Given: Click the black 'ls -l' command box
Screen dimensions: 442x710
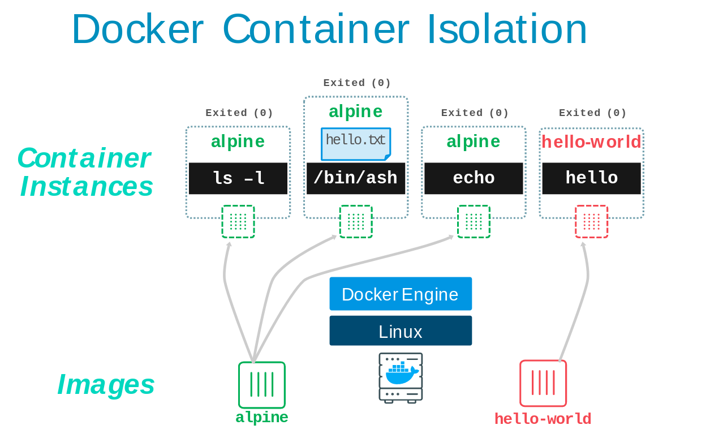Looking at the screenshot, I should click(x=238, y=178).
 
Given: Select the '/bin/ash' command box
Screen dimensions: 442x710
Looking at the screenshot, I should click(x=356, y=178).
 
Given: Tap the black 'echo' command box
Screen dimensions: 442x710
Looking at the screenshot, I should click(x=474, y=178).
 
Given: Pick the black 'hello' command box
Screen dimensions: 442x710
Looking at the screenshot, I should click(x=591, y=178).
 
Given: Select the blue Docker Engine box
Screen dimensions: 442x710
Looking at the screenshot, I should click(x=401, y=294).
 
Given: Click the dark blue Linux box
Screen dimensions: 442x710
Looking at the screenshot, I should click(x=401, y=331).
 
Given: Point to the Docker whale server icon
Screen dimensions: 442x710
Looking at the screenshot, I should click(x=401, y=377).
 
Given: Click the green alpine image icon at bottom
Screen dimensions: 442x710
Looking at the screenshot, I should click(x=262, y=385).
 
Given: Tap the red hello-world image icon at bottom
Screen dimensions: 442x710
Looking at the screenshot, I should click(x=543, y=383).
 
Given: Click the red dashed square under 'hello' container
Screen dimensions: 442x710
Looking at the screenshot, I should click(x=591, y=221).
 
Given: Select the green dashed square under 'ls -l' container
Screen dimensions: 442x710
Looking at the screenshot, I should click(x=238, y=221).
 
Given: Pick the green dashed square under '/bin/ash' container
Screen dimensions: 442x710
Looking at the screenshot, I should click(x=356, y=221).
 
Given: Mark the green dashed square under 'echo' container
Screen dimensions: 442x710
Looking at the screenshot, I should click(x=474, y=221).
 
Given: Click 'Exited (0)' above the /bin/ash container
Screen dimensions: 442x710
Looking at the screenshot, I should click(x=357, y=83).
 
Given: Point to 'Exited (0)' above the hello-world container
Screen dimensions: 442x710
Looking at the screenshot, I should click(x=592, y=113).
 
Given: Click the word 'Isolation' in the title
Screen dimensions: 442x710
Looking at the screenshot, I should click(x=506, y=29).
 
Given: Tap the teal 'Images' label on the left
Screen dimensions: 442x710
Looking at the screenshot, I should click(x=106, y=384).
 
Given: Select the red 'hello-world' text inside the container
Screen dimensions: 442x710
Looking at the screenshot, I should click(x=591, y=142).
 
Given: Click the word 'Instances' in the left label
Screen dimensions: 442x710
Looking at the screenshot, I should click(x=87, y=186).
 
